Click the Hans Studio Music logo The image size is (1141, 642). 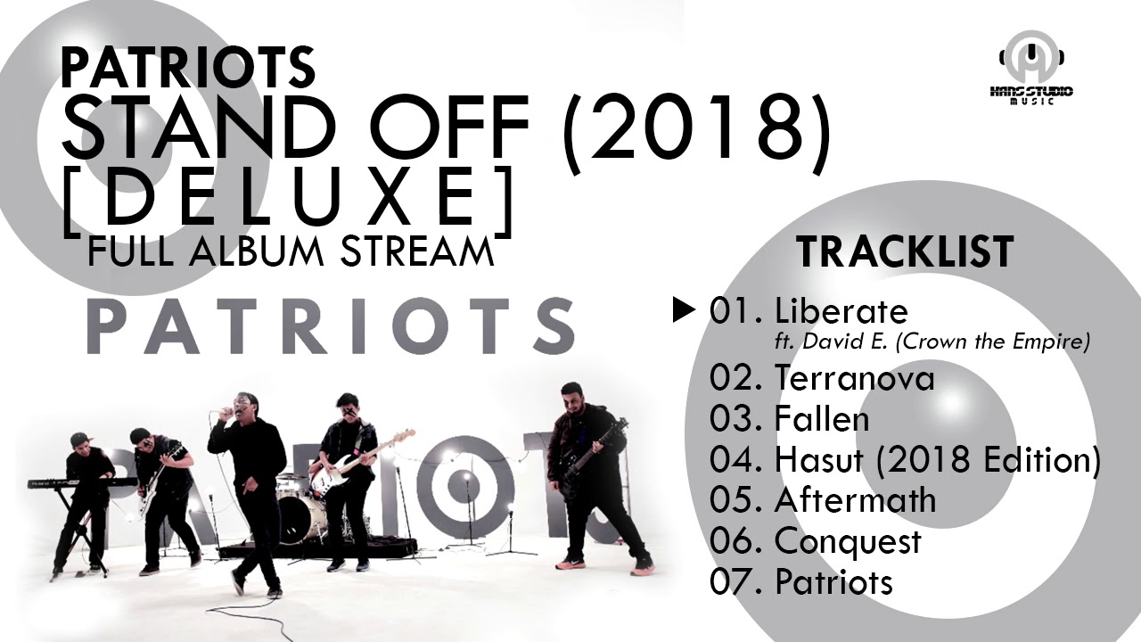coord(1034,70)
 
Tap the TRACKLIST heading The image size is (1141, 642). coord(905,251)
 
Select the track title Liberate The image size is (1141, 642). coord(841,311)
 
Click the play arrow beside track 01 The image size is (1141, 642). coord(683,310)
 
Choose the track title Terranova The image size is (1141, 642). coord(854,378)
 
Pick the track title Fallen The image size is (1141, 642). coord(822,419)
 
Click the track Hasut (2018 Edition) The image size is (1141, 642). coord(937,459)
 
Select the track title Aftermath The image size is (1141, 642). coord(855,499)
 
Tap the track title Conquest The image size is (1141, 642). coord(848,540)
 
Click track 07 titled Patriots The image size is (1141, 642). coord(833,581)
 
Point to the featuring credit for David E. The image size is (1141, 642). coord(932,342)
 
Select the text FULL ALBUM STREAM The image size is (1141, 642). coord(291,251)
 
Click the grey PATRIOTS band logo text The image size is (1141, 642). coord(331,325)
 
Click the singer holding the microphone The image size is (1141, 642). coord(245,481)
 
